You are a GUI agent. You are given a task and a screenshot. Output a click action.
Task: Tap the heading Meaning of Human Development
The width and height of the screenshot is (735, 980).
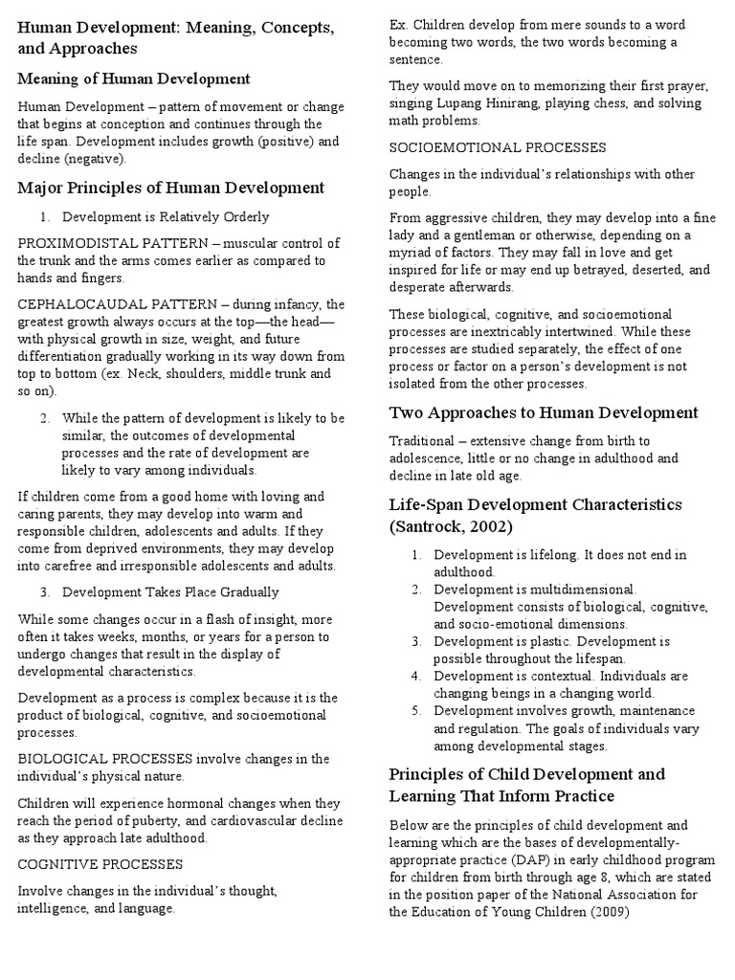pyautogui.click(x=135, y=78)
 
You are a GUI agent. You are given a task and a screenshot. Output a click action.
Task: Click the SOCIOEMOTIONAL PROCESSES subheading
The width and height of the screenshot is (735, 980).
pyautogui.click(x=498, y=147)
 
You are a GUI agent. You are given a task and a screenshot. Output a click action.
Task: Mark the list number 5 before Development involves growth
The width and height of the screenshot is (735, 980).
pyautogui.click(x=416, y=710)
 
